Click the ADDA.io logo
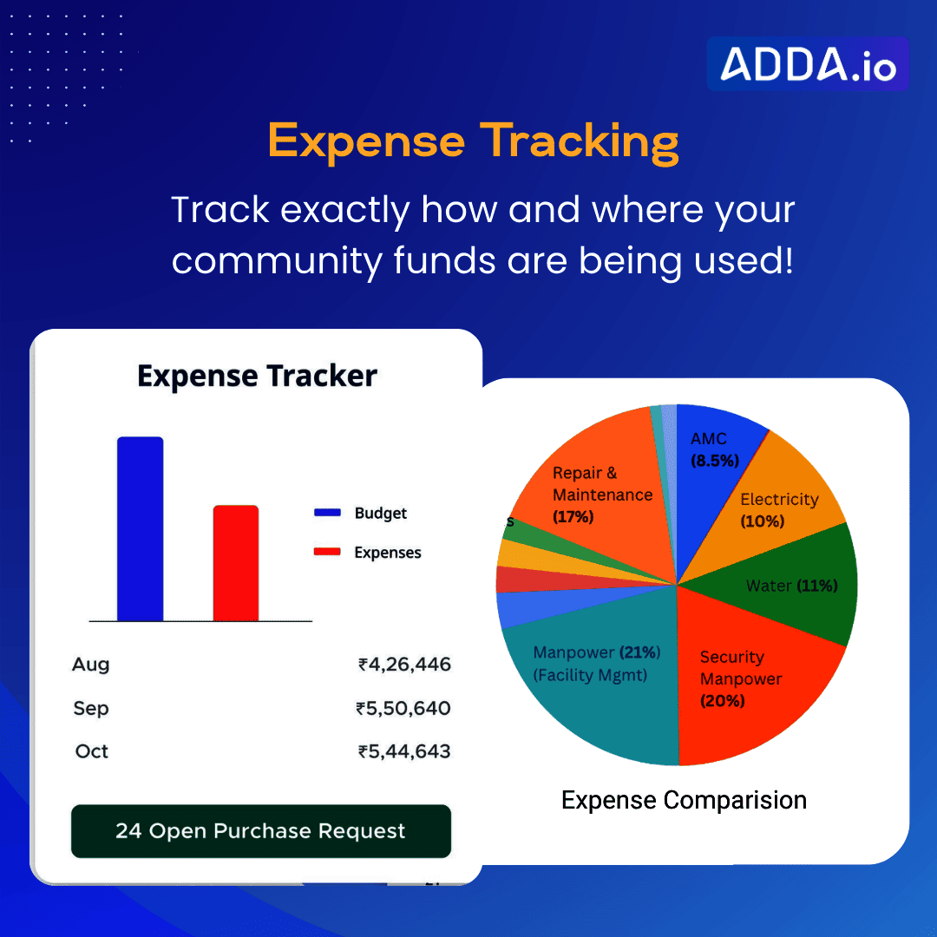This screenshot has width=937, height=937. [808, 64]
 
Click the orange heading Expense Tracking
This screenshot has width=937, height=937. [474, 142]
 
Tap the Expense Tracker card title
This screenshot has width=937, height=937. [257, 376]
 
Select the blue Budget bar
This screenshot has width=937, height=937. [140, 529]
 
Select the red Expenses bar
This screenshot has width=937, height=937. [236, 563]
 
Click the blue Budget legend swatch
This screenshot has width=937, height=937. [327, 513]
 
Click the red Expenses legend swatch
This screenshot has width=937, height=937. [327, 552]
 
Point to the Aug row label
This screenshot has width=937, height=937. [91, 665]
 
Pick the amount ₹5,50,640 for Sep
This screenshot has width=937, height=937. [403, 708]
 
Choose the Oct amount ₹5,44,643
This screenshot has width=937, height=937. [404, 751]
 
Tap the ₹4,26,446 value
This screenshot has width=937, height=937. [404, 665]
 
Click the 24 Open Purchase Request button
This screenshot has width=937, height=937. [261, 831]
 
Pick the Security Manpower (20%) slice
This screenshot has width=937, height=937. [747, 681]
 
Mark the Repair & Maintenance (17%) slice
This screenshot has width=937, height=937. [598, 496]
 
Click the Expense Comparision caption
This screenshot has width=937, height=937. [685, 800]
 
